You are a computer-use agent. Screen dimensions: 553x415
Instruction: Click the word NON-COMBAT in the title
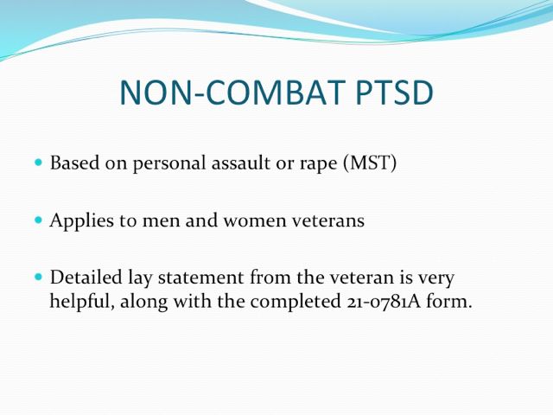232,93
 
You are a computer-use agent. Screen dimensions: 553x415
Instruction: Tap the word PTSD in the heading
394,93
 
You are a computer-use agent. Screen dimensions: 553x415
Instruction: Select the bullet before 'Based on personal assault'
38,163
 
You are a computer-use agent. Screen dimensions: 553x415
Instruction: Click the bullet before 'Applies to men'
38,220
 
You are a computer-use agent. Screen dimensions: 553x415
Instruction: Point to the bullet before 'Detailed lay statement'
38,277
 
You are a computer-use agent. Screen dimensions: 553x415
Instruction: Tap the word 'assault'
240,163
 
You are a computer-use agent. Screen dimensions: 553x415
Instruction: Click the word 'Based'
74,163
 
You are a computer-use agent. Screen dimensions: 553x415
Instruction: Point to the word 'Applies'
82,221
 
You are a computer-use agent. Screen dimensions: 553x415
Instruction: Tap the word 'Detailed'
86,277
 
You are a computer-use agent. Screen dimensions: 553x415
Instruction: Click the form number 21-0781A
382,302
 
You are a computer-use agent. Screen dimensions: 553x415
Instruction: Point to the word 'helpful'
82,303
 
